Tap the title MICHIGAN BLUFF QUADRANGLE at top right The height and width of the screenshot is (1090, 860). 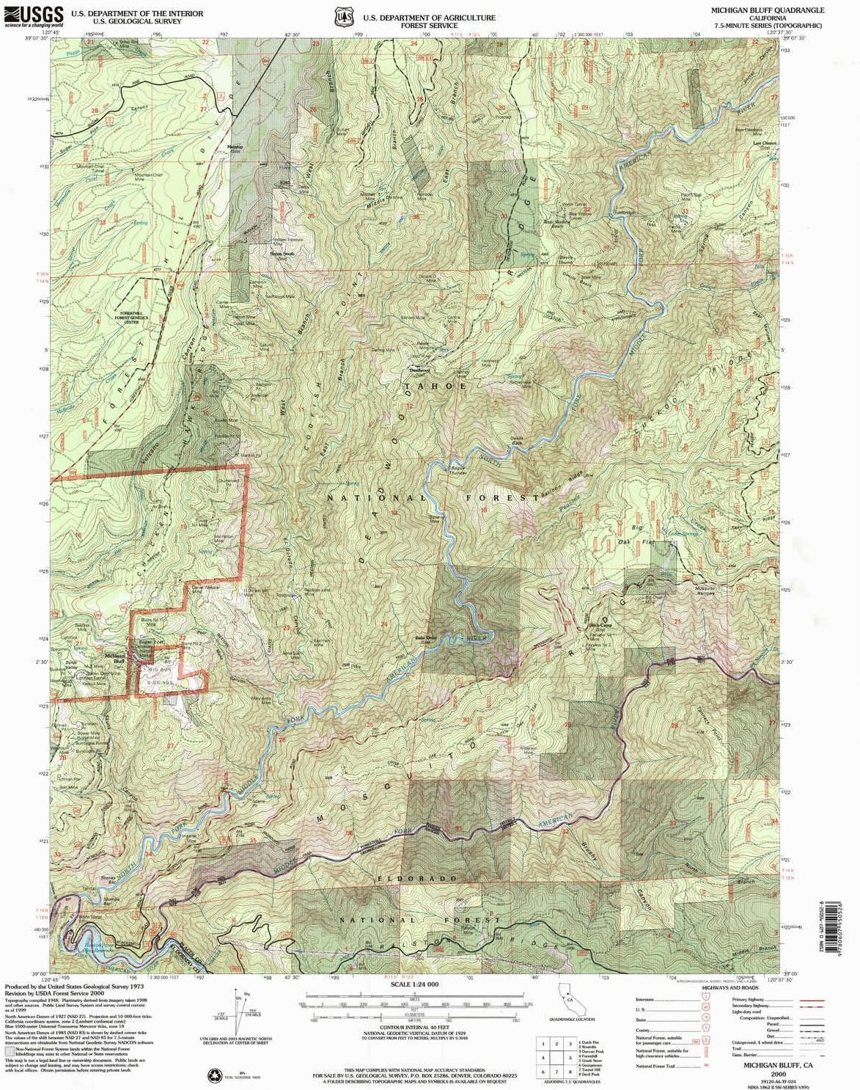pos(768,10)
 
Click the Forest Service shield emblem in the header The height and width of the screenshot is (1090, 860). pos(342,15)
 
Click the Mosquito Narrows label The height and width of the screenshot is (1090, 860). pos(705,592)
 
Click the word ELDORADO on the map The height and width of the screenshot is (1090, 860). pos(428,878)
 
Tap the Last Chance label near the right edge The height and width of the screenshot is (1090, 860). pos(765,144)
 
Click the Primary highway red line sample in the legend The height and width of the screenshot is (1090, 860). pos(812,999)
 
